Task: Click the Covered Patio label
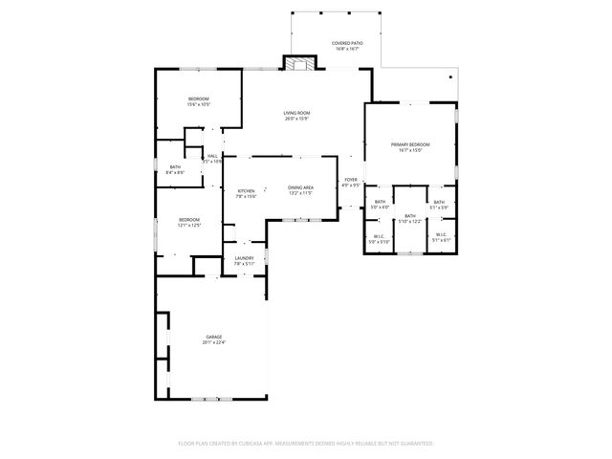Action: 346,44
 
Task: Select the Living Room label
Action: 296,113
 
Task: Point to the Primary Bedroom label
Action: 410,144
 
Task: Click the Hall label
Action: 212,156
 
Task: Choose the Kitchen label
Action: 246,190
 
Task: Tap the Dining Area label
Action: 301,187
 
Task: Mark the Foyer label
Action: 351,179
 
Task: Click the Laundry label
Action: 244,258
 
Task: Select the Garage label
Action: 213,338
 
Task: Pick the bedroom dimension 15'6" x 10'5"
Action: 199,104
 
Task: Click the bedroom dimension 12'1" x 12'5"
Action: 188,226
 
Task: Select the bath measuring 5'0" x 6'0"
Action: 380,207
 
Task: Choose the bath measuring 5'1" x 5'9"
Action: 439,207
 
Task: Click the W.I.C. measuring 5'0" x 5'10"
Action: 380,241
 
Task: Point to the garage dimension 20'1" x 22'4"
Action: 213,343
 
